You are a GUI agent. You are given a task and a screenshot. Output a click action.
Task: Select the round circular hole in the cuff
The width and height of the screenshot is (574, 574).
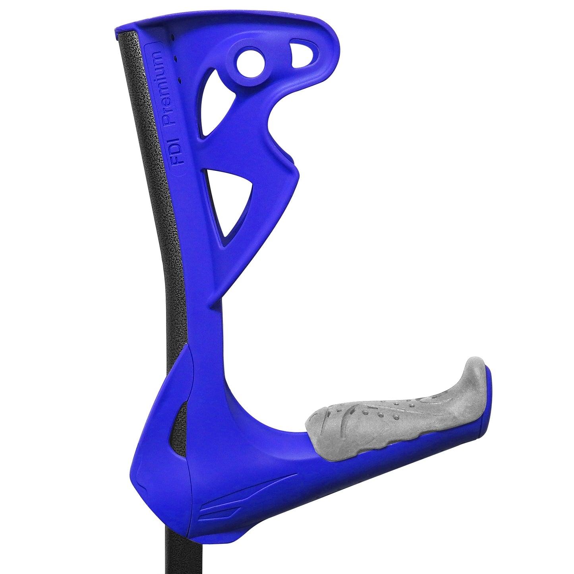tap(250, 63)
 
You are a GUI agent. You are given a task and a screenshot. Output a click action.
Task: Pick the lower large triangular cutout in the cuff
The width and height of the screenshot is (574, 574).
tap(230, 203)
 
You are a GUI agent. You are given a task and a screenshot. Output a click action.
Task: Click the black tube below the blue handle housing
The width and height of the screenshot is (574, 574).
tap(175, 556)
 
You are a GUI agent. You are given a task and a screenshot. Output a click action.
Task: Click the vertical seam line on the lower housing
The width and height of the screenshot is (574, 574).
tap(190, 457)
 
